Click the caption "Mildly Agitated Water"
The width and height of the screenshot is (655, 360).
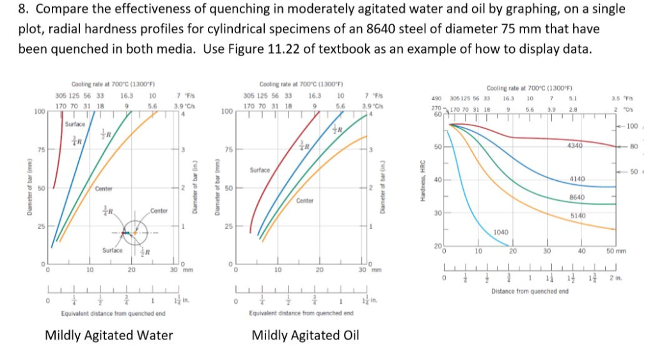[x=109, y=335]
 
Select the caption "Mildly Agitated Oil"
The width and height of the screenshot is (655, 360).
[x=305, y=335]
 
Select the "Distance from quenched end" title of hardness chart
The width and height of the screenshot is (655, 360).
[x=530, y=292]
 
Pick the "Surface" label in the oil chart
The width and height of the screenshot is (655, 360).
[x=260, y=171]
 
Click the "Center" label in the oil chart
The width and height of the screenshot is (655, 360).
[x=304, y=201]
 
